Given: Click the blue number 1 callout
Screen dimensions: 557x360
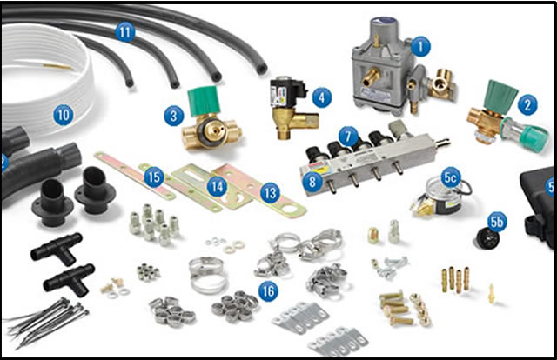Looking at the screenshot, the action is [420, 46].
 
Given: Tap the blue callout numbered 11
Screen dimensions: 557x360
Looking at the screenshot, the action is [125, 33].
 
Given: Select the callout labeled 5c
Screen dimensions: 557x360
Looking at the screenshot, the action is [451, 177].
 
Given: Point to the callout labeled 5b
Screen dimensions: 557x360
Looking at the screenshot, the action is [497, 222].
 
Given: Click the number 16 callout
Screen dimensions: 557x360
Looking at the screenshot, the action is [269, 291].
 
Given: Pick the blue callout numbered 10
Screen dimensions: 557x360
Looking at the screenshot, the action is [64, 115].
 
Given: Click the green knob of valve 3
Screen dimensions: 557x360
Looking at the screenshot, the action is [204, 101].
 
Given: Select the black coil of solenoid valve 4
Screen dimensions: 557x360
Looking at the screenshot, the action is [287, 93].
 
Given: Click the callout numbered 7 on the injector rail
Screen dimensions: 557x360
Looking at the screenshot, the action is [348, 136].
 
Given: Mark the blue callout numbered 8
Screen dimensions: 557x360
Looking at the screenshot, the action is [312, 182].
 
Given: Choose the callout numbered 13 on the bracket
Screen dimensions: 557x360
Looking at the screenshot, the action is [271, 193].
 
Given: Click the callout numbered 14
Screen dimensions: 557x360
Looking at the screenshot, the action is [217, 186].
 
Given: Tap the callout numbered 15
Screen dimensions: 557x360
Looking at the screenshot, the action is [154, 177].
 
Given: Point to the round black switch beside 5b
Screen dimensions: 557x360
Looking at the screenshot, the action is [486, 238].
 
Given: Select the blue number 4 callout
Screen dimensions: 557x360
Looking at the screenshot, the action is [322, 97].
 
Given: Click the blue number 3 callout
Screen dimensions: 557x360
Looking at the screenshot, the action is [174, 116].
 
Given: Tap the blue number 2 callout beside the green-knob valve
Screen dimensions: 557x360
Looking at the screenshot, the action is [527, 105].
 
